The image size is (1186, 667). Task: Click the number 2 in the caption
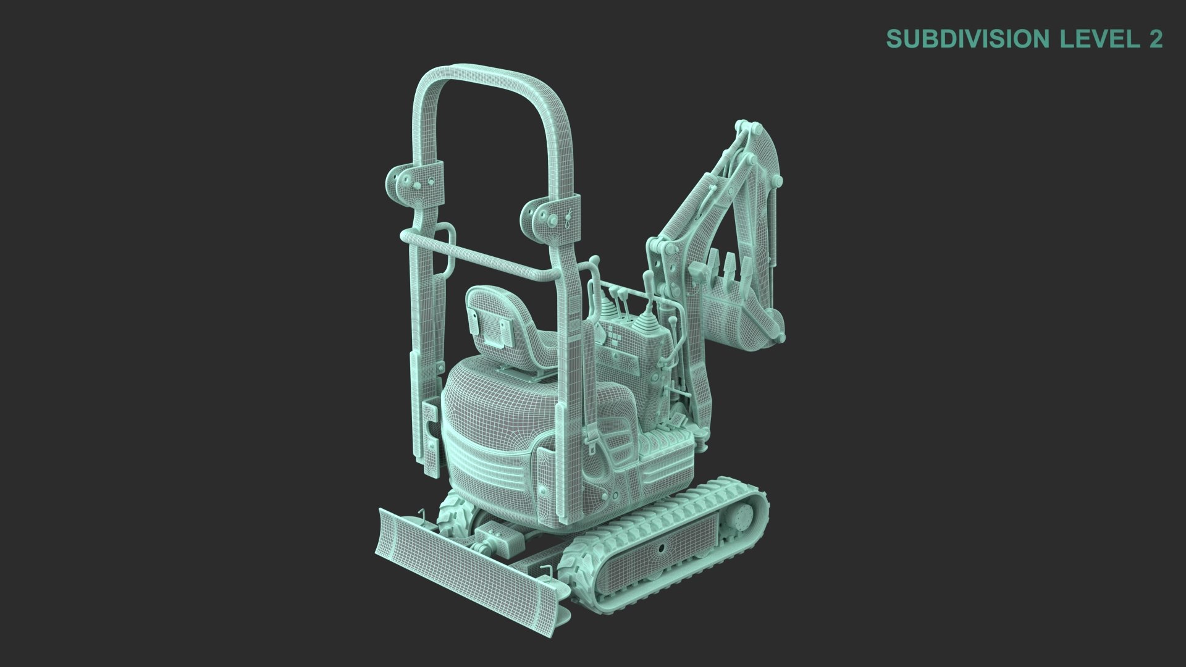(x=1155, y=39)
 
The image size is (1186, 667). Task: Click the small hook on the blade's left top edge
(x=421, y=516)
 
